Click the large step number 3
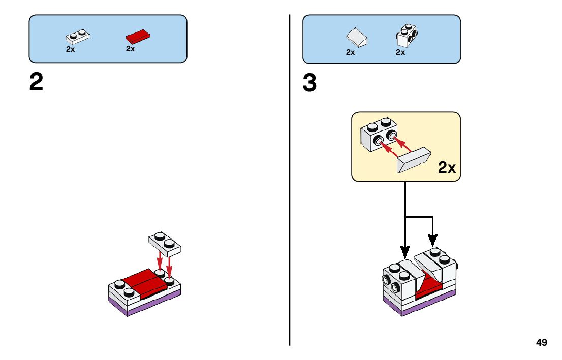(309, 84)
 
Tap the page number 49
(541, 342)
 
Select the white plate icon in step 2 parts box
(78, 37)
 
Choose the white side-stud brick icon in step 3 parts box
(406, 35)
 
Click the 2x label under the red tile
(130, 49)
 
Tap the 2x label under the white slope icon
(350, 52)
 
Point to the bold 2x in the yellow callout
(447, 168)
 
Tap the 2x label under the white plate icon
(70, 49)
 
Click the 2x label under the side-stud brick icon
(400, 52)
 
